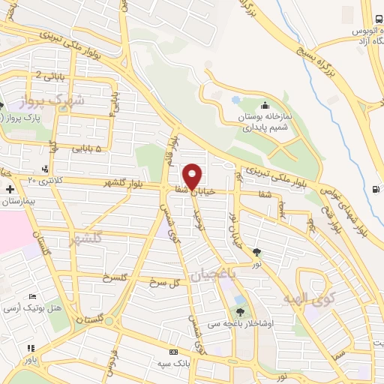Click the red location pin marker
192,176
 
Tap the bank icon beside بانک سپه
174,352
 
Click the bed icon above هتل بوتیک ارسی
31,296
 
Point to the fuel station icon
375,189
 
